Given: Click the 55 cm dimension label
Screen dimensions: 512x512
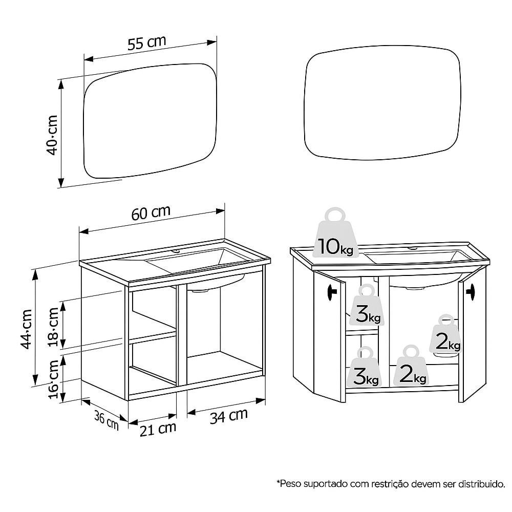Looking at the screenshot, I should point(147,44).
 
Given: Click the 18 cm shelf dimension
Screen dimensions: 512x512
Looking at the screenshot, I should point(53,325).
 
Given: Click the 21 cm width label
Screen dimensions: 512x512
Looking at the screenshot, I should point(158,429).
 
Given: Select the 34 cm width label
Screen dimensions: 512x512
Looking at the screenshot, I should point(229,416).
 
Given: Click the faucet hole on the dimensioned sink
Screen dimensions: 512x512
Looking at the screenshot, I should point(176,252).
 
